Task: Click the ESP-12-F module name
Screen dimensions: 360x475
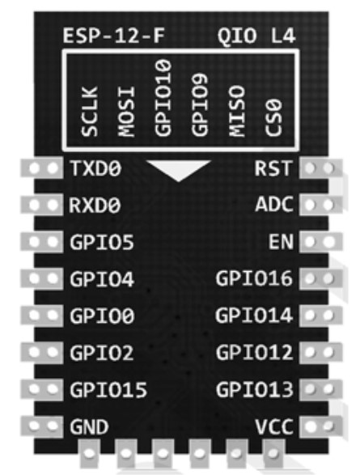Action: (114, 36)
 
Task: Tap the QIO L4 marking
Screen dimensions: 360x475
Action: (256, 36)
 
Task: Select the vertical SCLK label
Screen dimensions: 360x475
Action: (90, 112)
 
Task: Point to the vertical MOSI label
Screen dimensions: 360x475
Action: (126, 112)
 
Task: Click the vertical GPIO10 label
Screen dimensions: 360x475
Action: (163, 97)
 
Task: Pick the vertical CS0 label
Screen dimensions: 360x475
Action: (273, 118)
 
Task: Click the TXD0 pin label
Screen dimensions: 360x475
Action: (95, 168)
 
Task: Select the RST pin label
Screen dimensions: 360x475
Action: (273, 168)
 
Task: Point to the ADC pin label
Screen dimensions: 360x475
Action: (274, 205)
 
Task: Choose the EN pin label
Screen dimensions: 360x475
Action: (282, 242)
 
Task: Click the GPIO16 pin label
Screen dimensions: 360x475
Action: (254, 278)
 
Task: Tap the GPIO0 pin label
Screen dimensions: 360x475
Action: (102, 316)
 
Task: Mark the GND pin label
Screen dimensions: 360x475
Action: (89, 426)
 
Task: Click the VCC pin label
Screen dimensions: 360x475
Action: (274, 426)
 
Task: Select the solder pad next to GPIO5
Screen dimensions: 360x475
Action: (42, 242)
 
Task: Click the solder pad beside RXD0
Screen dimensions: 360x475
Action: (42, 205)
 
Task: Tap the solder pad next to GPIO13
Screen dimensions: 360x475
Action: (321, 389)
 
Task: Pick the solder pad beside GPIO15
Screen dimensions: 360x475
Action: (42, 389)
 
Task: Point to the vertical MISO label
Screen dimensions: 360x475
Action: (237, 111)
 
